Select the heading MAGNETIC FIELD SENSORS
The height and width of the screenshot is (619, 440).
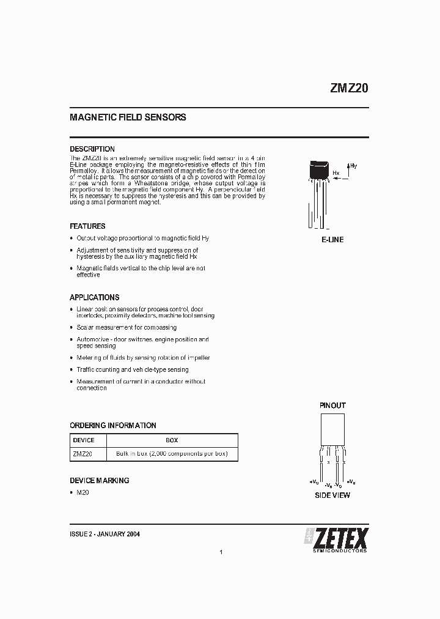click(x=128, y=117)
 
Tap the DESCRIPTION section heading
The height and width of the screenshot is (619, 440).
click(x=92, y=149)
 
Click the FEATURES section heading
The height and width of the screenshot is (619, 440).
click(x=87, y=226)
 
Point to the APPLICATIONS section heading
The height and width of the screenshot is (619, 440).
click(x=94, y=297)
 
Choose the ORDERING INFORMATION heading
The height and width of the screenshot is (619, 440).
click(x=113, y=425)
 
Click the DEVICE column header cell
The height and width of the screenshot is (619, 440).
click(x=84, y=440)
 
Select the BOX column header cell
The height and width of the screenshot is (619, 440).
click(x=172, y=440)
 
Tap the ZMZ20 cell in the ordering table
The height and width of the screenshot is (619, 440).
click(x=82, y=454)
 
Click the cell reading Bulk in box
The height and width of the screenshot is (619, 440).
click(x=172, y=454)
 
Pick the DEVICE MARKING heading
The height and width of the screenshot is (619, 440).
click(x=100, y=480)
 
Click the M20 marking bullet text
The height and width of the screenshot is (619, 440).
click(x=83, y=492)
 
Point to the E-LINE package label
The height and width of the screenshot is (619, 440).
click(x=332, y=240)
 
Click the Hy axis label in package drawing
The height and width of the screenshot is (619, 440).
click(x=353, y=166)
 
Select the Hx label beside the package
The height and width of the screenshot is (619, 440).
click(x=335, y=173)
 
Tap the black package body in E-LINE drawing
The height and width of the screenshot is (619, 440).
click(x=320, y=170)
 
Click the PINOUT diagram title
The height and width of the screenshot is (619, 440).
click(x=332, y=406)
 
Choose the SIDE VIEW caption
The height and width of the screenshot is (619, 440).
click(x=332, y=495)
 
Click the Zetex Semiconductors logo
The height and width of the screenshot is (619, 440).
click(x=336, y=539)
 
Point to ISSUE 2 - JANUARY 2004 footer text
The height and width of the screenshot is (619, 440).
click(x=105, y=534)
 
